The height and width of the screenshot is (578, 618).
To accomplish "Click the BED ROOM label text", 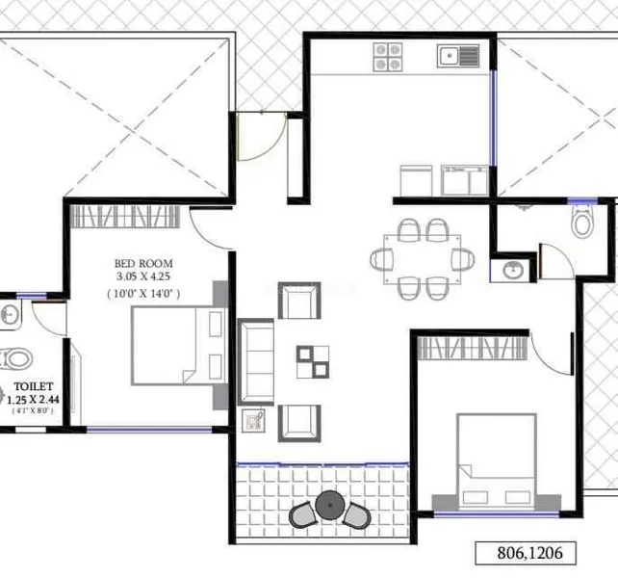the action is (x=143, y=263).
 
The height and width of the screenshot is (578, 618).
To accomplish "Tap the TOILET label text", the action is (x=34, y=386).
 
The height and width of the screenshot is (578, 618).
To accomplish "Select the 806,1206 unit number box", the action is (x=526, y=553).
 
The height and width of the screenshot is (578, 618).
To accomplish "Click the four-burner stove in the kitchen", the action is (x=388, y=57).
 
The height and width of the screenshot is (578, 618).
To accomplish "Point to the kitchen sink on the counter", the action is (x=458, y=56).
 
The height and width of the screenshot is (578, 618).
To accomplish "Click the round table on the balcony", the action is (x=330, y=505).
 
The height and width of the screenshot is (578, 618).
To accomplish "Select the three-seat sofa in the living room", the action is (x=256, y=362).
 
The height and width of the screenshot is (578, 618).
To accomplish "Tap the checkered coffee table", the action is (x=313, y=362).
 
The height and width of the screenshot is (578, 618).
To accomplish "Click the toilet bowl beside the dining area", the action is (x=582, y=223).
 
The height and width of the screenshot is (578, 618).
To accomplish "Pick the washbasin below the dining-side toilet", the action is (x=513, y=271).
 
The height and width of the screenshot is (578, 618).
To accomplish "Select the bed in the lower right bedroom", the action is (x=497, y=462).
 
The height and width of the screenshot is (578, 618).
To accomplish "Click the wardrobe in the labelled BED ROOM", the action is (x=125, y=217).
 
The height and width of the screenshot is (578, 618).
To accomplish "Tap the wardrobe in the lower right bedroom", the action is (x=473, y=348).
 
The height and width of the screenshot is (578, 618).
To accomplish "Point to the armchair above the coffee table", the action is (x=299, y=301).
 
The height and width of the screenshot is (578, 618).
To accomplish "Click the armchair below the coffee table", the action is (x=299, y=423).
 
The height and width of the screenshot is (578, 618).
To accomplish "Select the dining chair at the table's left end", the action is (x=381, y=260).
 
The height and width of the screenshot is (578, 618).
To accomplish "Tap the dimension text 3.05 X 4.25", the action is (x=143, y=276).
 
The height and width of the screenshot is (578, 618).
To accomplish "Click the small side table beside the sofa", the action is (x=253, y=421).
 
